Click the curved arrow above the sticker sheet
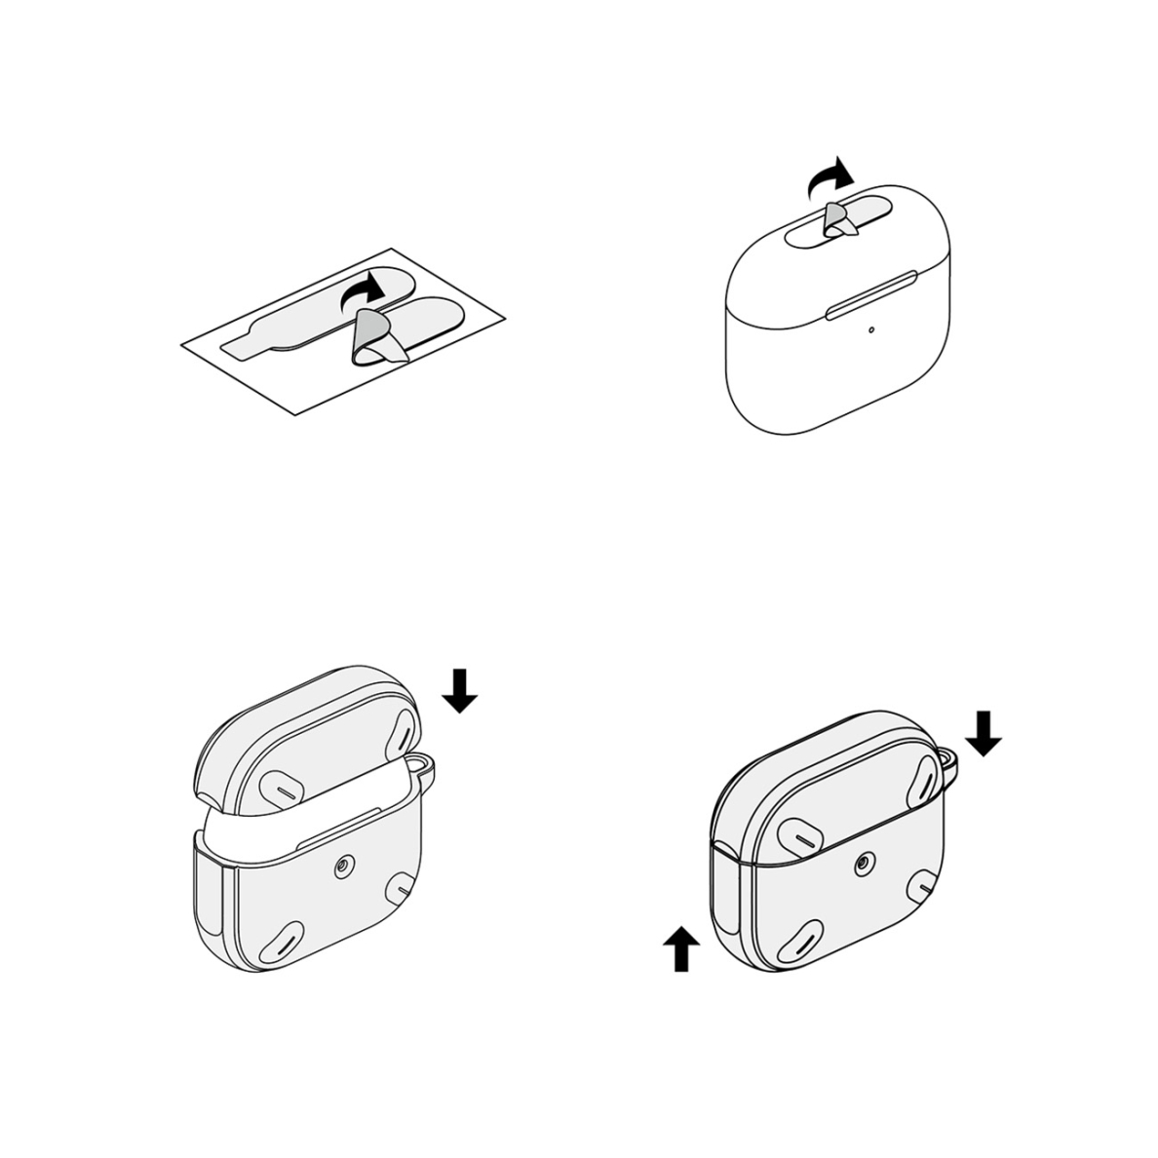click(362, 290)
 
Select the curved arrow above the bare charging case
click(830, 178)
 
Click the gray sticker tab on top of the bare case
click(836, 221)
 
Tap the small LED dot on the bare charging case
click(870, 328)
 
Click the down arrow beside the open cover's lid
click(459, 690)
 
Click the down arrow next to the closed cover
click(984, 733)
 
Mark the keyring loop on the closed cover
click(950, 763)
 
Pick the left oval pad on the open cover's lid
click(286, 786)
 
